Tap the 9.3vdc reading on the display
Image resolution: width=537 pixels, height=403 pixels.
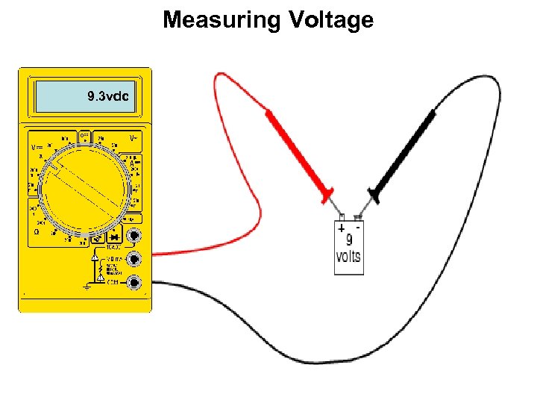pos(107,96)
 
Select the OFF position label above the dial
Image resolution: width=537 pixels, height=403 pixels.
pos(85,137)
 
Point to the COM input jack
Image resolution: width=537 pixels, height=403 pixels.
pos(134,282)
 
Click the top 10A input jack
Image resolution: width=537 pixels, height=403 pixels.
pos(134,237)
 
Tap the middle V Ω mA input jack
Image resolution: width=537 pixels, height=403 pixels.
pos(134,259)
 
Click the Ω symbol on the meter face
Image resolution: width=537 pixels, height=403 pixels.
pos(37,231)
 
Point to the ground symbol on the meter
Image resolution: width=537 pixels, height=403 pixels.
pos(87,287)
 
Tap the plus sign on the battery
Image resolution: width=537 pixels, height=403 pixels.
pos(341,228)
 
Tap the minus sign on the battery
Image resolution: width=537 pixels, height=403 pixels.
pos(359,225)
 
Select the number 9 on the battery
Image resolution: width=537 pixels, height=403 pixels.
pos(348,240)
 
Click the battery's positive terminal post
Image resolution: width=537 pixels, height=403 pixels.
pos(342,218)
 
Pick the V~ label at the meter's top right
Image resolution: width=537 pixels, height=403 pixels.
pos(134,139)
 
